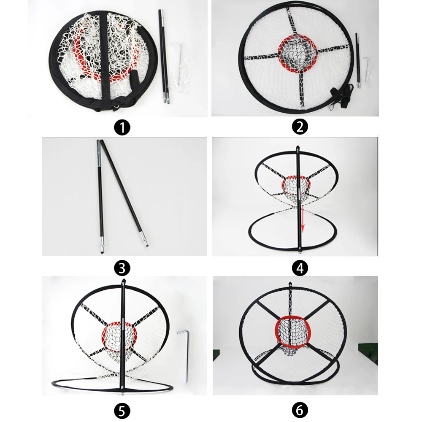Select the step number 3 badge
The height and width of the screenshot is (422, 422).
[x=122, y=267]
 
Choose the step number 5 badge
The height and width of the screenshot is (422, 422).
[x=122, y=410]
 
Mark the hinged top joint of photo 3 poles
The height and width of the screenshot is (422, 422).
[x=100, y=143]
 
